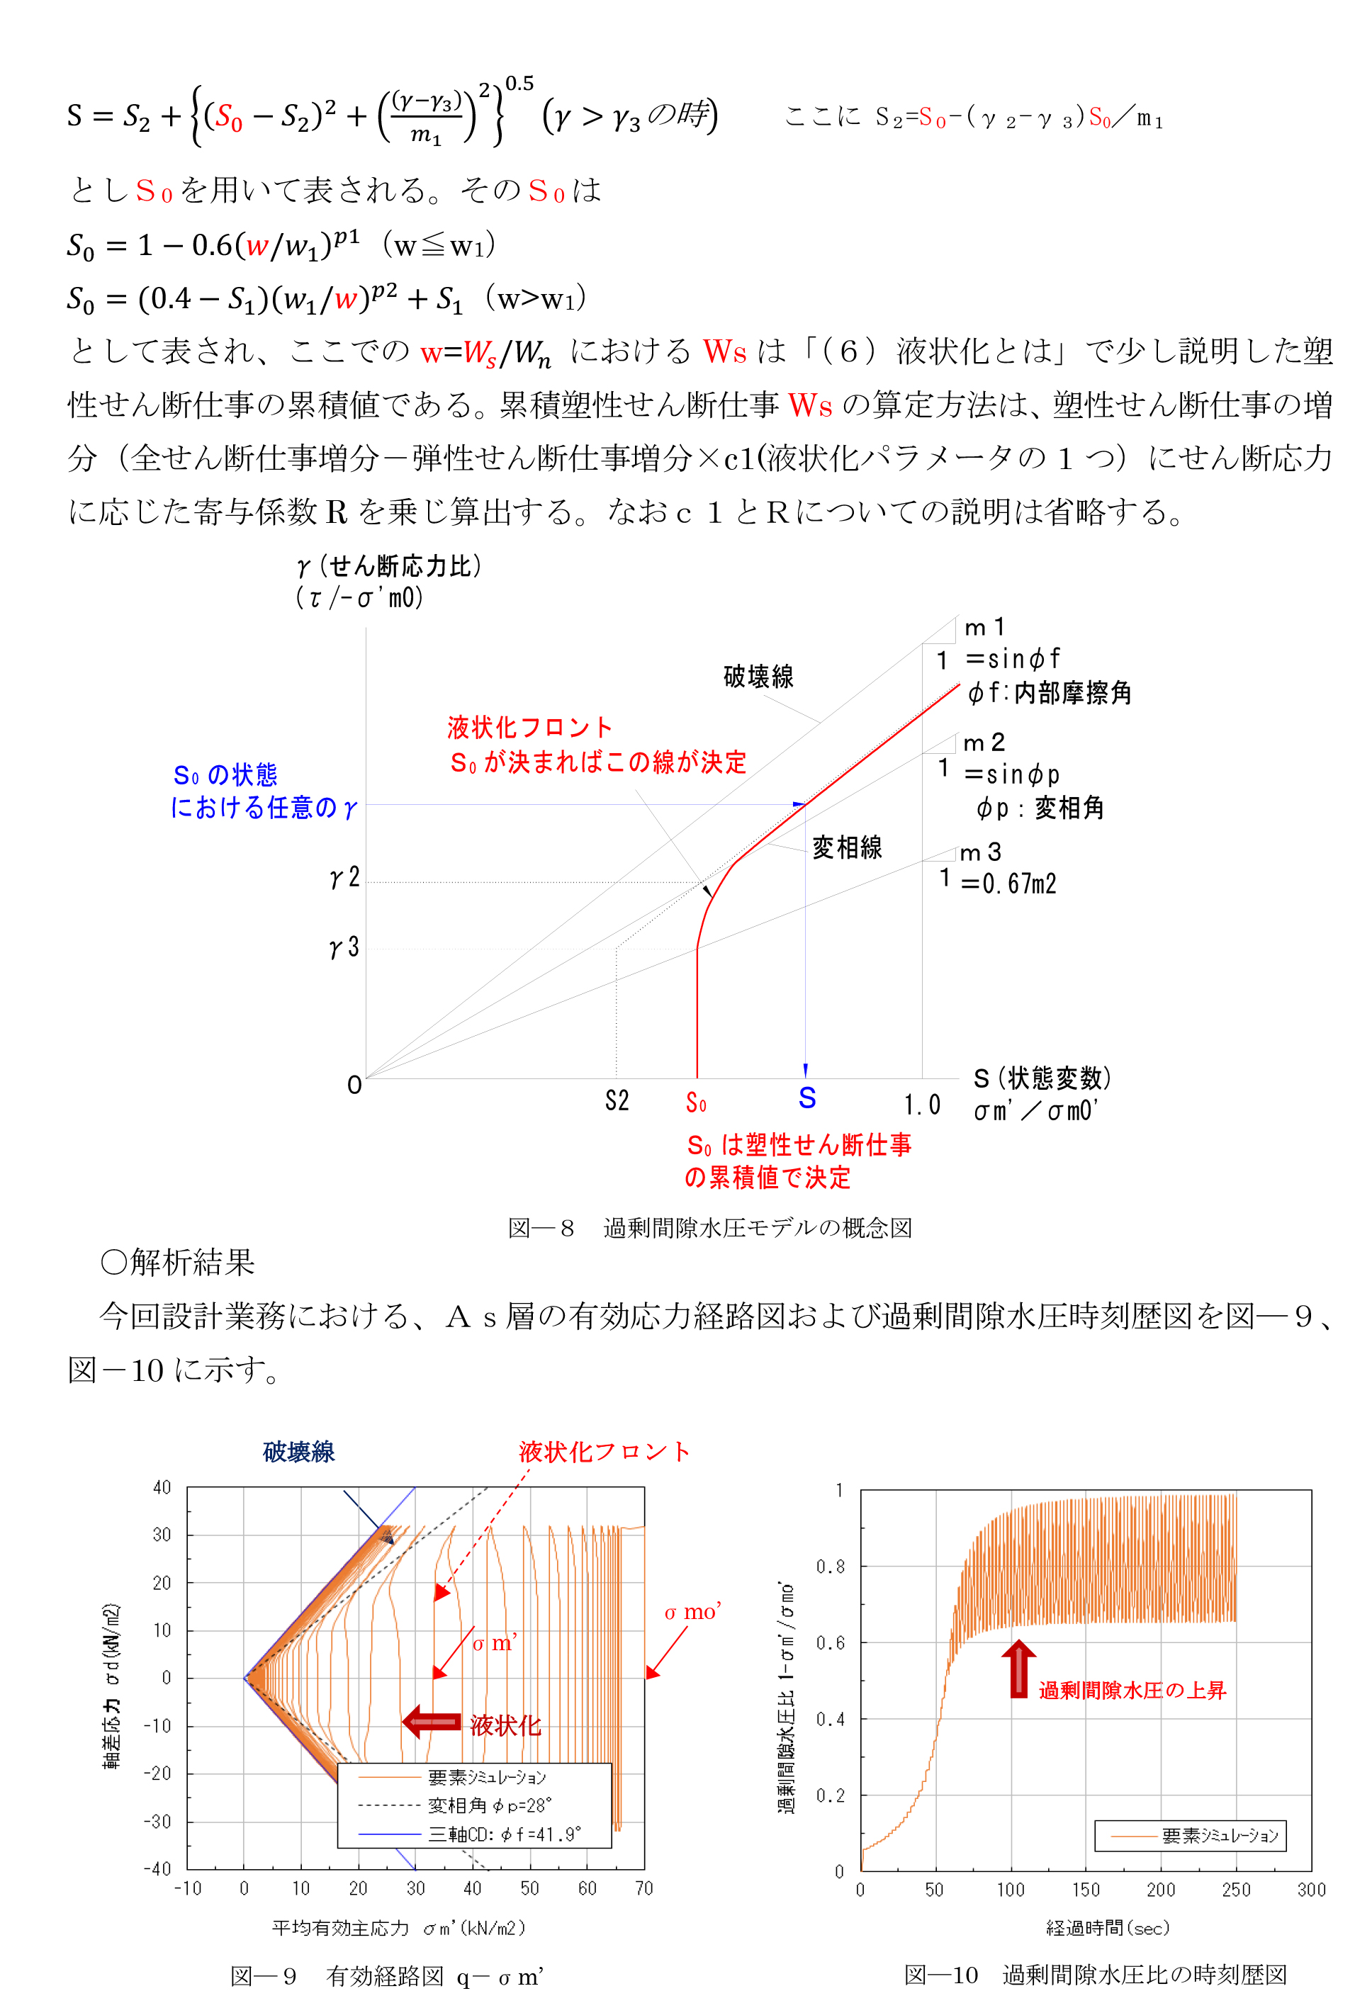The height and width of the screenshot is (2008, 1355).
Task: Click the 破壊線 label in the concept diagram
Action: coord(758,677)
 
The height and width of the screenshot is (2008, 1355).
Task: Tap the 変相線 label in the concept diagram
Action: coord(847,847)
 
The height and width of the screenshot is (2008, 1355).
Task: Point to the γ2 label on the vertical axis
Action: coord(344,878)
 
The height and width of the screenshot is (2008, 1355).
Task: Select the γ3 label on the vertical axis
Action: coord(344,948)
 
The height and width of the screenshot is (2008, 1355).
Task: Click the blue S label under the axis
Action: coord(807,1098)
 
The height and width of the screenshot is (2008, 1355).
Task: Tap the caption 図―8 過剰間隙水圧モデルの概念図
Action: coord(709,1228)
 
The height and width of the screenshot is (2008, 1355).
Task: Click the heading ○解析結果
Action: coord(178,1263)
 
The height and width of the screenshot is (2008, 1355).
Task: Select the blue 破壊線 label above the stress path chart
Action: coord(298,1452)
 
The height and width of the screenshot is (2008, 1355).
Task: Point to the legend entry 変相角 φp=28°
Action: coord(489,1806)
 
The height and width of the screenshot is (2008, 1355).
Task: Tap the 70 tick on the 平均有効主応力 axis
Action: coord(643,1888)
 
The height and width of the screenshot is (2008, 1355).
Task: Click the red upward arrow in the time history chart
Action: coord(1019,1669)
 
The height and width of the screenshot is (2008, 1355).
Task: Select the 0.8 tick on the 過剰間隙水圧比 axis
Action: coord(830,1567)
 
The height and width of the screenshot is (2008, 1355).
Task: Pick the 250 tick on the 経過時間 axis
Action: coord(1236,1890)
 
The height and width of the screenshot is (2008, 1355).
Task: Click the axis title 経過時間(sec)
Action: coord(1108,1928)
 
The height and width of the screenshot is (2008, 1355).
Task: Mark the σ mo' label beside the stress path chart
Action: coord(692,1612)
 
